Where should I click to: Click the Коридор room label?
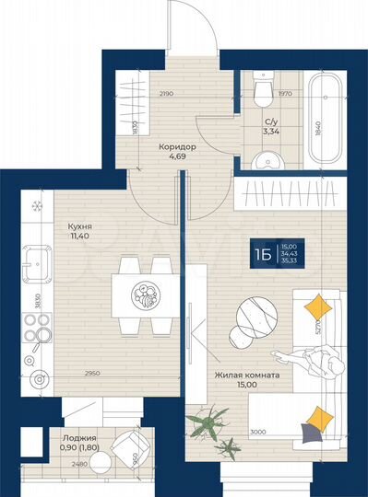174,145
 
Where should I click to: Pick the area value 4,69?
174,157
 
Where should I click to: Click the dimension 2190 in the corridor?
166,94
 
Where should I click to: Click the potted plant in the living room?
209,424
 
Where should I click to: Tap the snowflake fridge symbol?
38,205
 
